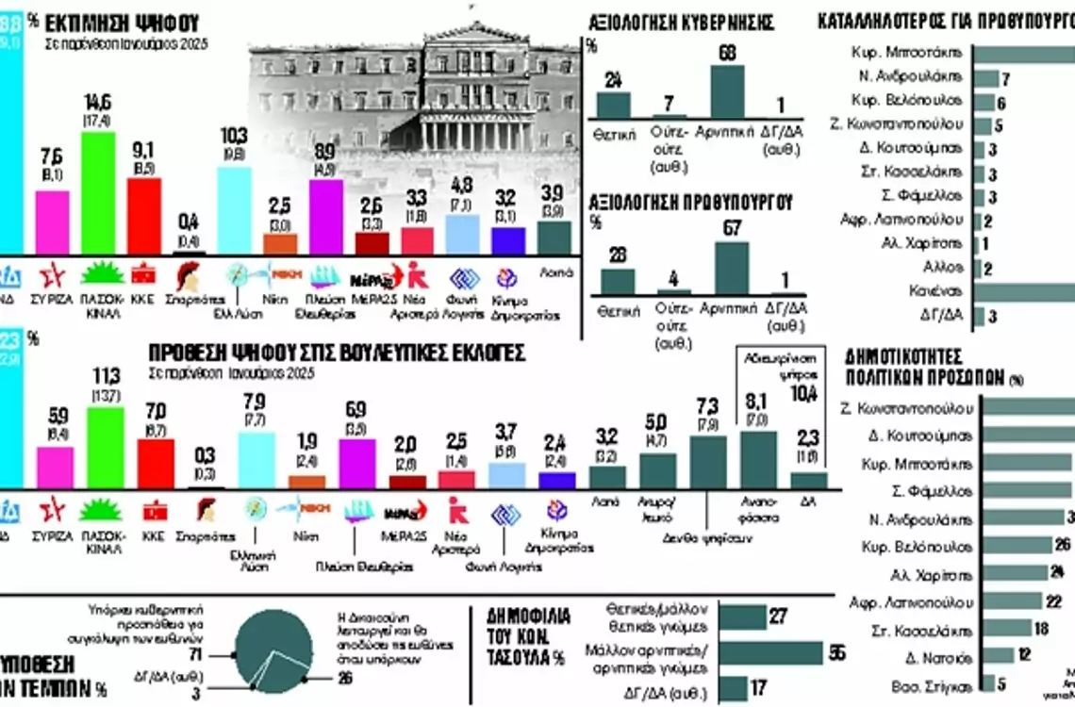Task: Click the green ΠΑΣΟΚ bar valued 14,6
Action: [97, 193]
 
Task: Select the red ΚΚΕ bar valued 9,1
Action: [143, 217]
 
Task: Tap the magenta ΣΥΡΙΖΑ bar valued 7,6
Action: [52, 222]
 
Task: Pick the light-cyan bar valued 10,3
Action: [235, 210]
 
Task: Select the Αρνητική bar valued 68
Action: [726, 91]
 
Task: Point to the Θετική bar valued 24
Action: [614, 105]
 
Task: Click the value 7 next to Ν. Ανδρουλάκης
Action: [1005, 79]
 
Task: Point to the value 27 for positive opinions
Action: [778, 617]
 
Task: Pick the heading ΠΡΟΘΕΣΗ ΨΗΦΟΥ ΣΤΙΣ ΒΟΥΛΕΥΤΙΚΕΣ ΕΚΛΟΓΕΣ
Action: [337, 353]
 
